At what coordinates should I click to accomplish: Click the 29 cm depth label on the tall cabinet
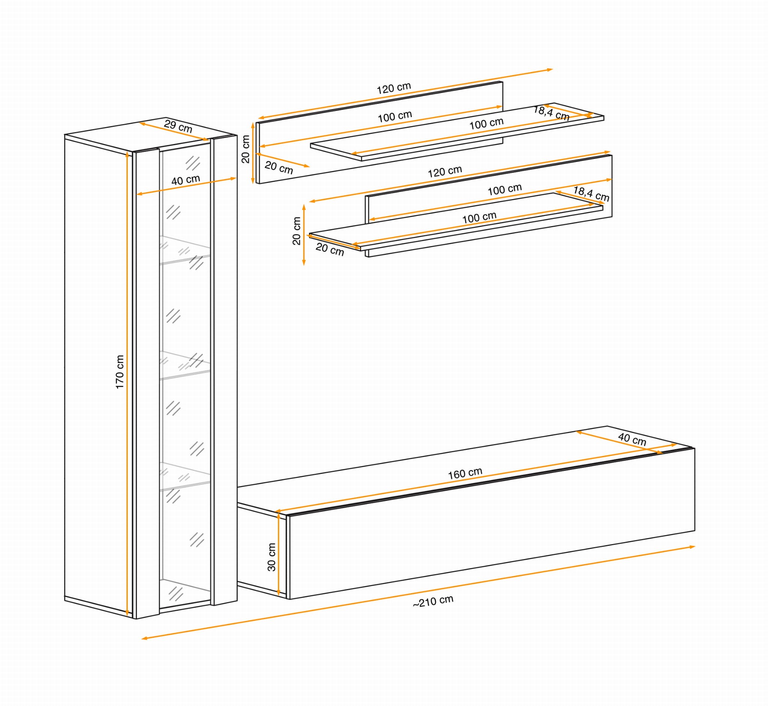(x=178, y=126)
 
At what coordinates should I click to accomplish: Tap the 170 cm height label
(x=120, y=372)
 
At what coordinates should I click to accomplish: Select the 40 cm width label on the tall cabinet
(x=186, y=180)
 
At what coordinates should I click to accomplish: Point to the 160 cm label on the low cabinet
(x=465, y=474)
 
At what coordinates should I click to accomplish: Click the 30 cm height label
(x=271, y=557)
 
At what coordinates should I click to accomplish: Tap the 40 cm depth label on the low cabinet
(x=632, y=439)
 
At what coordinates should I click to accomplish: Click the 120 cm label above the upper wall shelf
(x=394, y=88)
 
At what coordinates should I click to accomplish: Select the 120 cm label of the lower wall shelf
(x=445, y=172)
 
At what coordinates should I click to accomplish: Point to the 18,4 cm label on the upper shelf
(x=551, y=113)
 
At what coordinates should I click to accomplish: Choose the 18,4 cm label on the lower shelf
(x=591, y=194)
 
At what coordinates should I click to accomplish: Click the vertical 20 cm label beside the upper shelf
(x=246, y=149)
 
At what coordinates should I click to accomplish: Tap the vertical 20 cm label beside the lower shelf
(x=297, y=231)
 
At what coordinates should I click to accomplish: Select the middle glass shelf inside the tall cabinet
(x=185, y=365)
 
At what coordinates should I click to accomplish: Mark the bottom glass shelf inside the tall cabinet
(x=185, y=477)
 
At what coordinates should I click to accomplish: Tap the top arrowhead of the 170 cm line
(x=127, y=155)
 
